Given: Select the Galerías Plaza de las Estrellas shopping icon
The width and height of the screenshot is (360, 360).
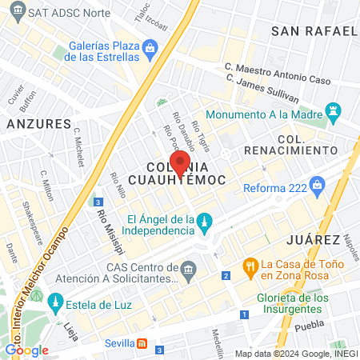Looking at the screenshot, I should pyautogui.click(x=150, y=50).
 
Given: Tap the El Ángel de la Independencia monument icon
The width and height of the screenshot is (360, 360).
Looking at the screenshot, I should pyautogui.click(x=205, y=221).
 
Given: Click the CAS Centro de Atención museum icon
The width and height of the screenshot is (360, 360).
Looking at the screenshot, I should pyautogui.click(x=189, y=267).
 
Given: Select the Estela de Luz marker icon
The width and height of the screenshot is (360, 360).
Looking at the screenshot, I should pyautogui.click(x=55, y=302).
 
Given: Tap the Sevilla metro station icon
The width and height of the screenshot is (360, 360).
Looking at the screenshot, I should pyautogui.click(x=142, y=342).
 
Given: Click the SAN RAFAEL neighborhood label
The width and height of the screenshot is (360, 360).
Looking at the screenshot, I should pyautogui.click(x=314, y=31).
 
